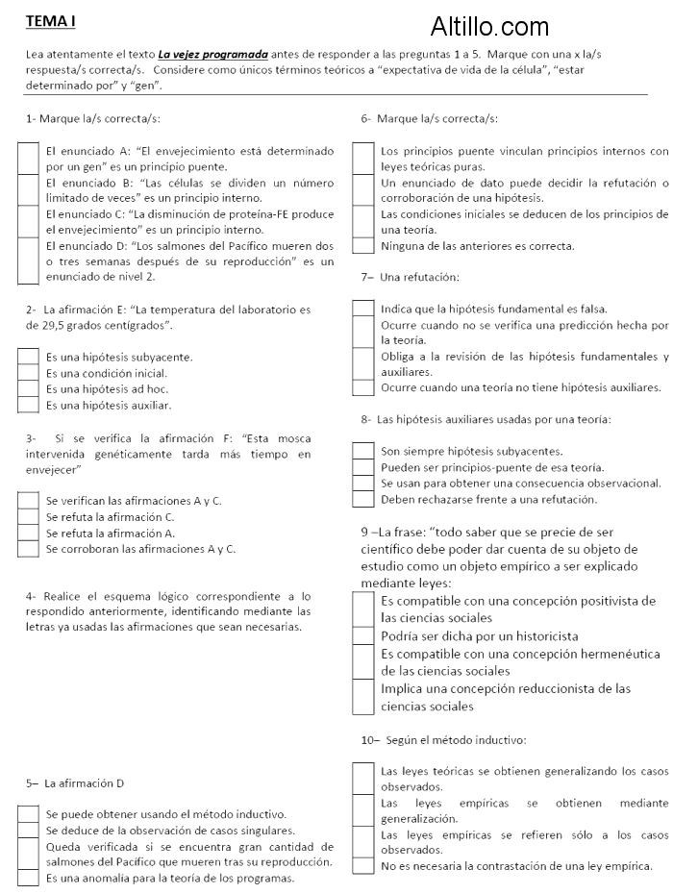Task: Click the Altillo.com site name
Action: [490, 26]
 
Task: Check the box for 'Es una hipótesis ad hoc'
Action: [28, 389]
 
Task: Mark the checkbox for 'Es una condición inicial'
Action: [28, 373]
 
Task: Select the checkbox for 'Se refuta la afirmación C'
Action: [28, 517]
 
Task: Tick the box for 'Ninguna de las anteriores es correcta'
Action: [362, 246]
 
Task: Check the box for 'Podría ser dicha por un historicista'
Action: [362, 635]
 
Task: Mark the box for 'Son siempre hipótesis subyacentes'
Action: [362, 450]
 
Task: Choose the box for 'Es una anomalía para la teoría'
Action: [28, 878]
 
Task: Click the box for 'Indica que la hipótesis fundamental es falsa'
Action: [362, 309]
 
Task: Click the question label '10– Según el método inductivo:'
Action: [443, 739]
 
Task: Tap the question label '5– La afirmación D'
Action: [74, 783]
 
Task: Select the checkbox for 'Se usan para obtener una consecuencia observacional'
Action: [362, 483]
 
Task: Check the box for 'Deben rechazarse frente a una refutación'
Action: [362, 499]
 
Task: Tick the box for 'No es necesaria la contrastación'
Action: [362, 866]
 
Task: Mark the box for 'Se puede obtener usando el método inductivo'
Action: [28, 813]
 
